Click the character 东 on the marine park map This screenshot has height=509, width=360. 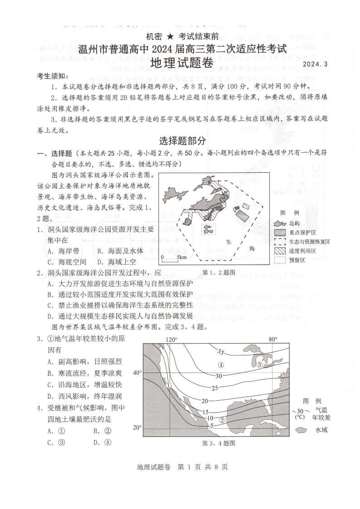tap(229, 242)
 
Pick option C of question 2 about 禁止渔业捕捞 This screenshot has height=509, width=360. tap(120, 305)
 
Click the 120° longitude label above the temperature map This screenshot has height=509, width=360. tap(171, 339)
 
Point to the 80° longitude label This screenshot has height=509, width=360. tap(272, 339)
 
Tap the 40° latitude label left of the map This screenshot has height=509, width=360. tap(137, 373)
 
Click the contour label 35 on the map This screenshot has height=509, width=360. tap(221, 352)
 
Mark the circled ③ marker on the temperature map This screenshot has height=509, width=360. tap(260, 364)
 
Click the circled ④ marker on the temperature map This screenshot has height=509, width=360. tap(221, 365)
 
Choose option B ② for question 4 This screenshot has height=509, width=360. tap(102, 431)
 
